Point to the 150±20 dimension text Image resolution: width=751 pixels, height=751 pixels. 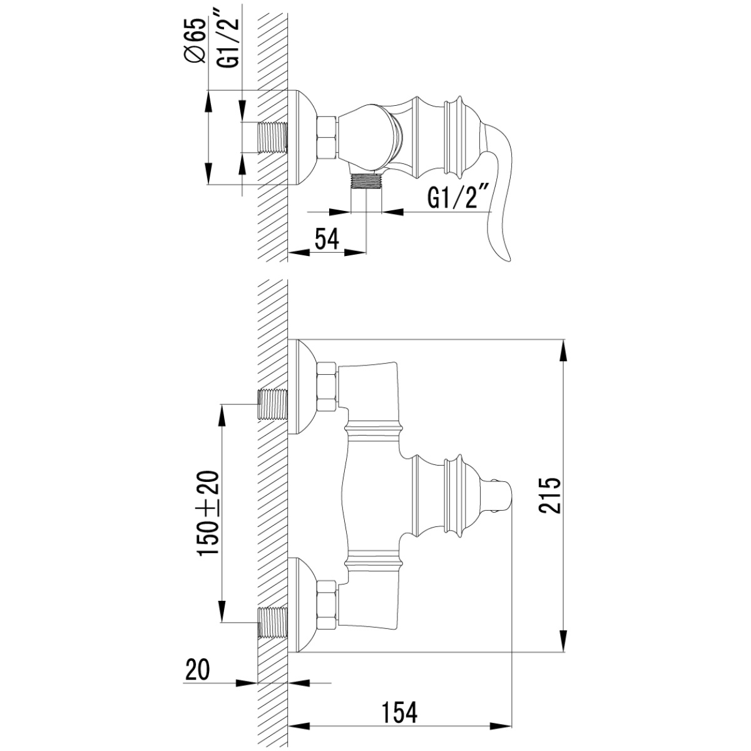point(208,513)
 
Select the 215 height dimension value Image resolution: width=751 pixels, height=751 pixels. point(550,495)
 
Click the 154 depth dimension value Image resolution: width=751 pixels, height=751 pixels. point(399,690)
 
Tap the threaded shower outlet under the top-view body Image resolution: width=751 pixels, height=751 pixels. point(366,181)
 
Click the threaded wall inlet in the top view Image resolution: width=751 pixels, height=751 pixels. point(272,137)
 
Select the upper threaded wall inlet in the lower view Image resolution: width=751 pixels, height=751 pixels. point(273,404)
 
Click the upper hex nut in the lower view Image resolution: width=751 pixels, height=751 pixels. point(327,386)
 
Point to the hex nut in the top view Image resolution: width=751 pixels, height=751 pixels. point(327,137)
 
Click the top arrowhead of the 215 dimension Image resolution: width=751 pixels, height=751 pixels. point(564,351)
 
